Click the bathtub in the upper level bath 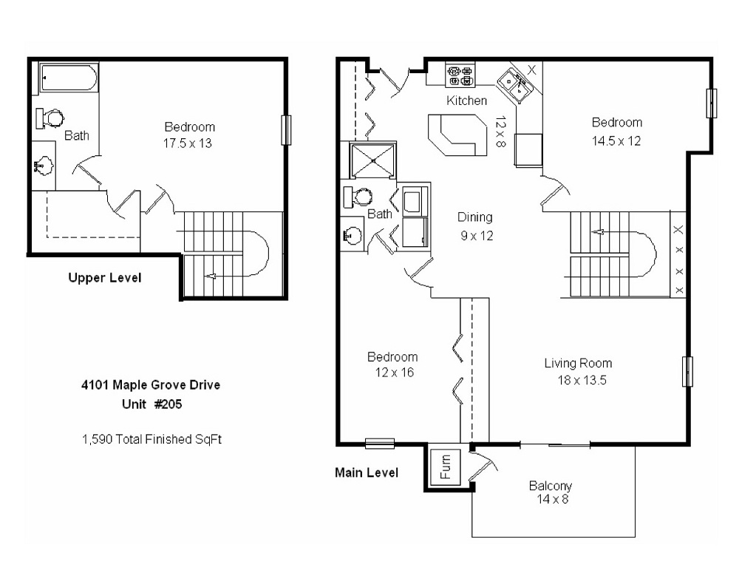(x=69, y=78)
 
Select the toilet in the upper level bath (x=51, y=117)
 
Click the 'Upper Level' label (x=104, y=278)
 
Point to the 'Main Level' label (x=367, y=472)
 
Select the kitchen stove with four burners (x=461, y=75)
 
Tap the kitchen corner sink (x=514, y=84)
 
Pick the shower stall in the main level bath (x=372, y=159)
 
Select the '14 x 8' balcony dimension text (x=550, y=499)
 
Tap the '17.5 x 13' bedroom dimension (x=188, y=143)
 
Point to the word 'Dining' (x=474, y=217)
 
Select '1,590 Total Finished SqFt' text (x=152, y=438)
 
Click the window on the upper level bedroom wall (x=286, y=130)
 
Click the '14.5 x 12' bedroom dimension (x=616, y=141)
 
